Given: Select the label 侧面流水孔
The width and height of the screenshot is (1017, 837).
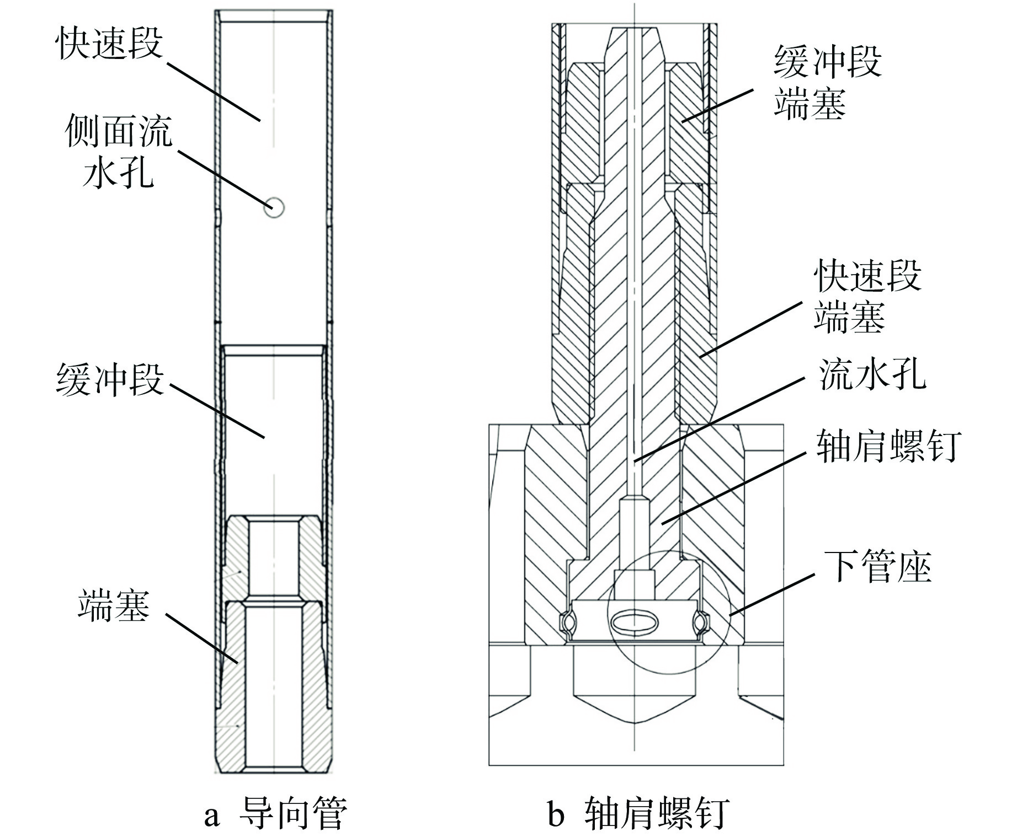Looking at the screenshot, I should [x=118, y=151].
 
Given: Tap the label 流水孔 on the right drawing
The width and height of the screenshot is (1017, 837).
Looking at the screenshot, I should [x=872, y=375].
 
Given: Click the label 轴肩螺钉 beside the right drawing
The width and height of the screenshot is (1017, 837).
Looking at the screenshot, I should [x=889, y=446].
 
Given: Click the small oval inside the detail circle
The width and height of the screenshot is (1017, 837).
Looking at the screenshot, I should [x=635, y=622].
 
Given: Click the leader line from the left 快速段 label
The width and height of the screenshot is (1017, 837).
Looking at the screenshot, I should [x=212, y=91].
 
